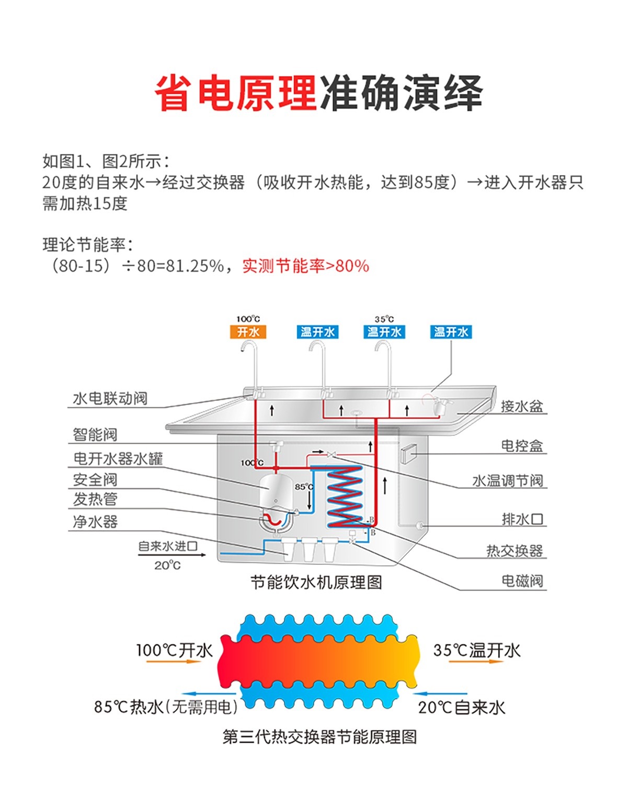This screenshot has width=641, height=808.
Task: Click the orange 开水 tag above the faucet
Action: click(248, 332)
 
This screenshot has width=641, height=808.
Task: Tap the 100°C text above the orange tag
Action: click(248, 319)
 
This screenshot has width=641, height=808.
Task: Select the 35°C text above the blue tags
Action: click(384, 319)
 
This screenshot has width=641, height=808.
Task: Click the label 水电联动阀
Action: click(110, 399)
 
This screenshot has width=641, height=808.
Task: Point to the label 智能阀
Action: click(95, 434)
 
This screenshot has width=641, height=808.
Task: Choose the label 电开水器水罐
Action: click(118, 458)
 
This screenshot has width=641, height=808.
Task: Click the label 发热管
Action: click(95, 499)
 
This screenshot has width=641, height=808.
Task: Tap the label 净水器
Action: click(95, 522)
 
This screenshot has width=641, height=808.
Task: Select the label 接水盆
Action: click(522, 406)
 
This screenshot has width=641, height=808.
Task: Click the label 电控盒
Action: click(522, 446)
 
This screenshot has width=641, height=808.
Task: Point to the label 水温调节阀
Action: click(508, 481)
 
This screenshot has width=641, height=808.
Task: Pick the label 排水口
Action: click(522, 519)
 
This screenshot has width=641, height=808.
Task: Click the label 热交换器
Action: click(514, 550)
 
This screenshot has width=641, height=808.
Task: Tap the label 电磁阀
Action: click(522, 581)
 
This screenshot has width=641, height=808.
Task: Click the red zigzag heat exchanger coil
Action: click(344, 497)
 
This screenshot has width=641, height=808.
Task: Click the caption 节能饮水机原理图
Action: click(316, 582)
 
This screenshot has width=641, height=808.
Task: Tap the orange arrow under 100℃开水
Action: click(174, 662)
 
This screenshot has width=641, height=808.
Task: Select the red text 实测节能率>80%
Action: click(305, 266)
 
